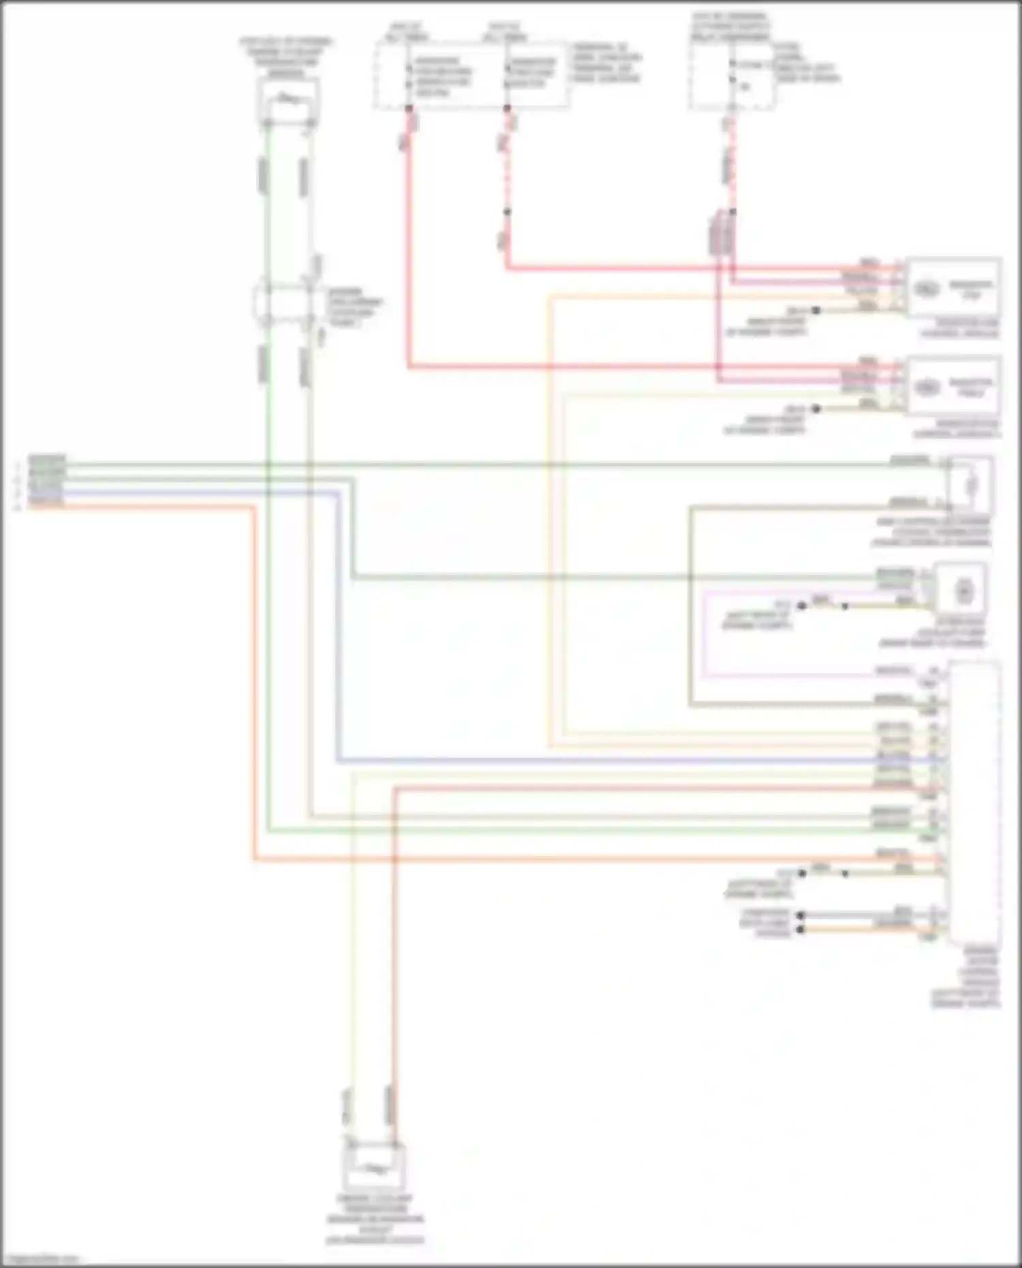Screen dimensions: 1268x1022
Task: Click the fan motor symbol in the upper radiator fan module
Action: pos(927,288)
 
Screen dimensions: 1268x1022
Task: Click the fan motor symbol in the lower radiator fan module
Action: pos(927,387)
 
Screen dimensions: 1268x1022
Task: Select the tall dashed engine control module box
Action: pos(974,801)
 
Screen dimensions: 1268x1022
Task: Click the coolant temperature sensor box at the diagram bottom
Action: pos(374,1168)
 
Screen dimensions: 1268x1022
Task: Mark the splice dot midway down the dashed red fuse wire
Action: pos(507,212)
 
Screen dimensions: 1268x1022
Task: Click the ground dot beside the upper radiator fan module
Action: pos(816,310)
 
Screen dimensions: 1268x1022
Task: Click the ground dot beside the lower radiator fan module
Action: pos(816,409)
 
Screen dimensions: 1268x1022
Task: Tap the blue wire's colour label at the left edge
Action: pos(46,491)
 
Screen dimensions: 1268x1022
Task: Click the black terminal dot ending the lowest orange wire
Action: pos(801,929)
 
